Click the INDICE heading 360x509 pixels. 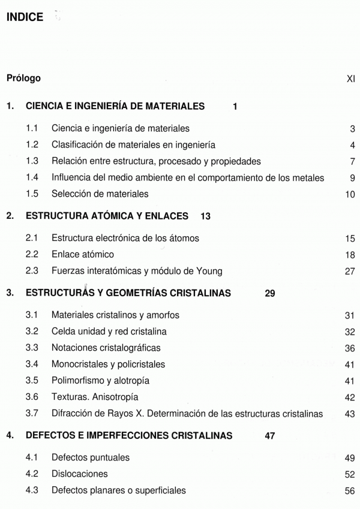(25, 17)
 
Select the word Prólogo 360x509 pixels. (23, 79)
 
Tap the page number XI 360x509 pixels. (351, 79)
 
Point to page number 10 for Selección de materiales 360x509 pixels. (350, 194)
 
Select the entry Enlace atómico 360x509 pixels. (83, 255)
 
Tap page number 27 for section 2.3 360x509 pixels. (350, 272)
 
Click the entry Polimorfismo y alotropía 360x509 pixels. (101, 381)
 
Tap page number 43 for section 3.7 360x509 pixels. (350, 414)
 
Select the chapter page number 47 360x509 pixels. (270, 436)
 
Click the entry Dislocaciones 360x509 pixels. (80, 474)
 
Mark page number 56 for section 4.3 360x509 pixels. (350, 490)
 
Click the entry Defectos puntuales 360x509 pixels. (91, 457)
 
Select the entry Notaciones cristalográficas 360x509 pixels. (106, 348)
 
